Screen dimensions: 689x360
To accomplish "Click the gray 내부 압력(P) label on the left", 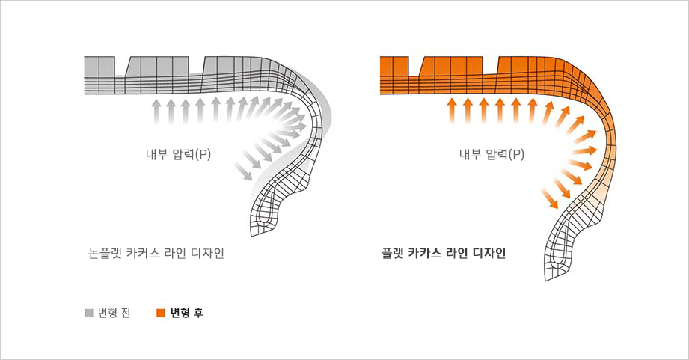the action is point(178,155).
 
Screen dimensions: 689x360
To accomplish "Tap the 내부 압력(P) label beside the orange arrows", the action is point(492,155).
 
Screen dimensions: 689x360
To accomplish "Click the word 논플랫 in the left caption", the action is point(105,253).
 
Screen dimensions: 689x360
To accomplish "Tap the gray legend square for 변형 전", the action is point(89,313).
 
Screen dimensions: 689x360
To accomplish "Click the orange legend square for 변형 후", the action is point(160,313).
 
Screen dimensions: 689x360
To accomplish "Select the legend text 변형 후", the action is point(186,313).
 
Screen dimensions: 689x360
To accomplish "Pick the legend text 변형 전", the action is point(114,313).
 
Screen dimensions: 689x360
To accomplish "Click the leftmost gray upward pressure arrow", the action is point(156,111).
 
